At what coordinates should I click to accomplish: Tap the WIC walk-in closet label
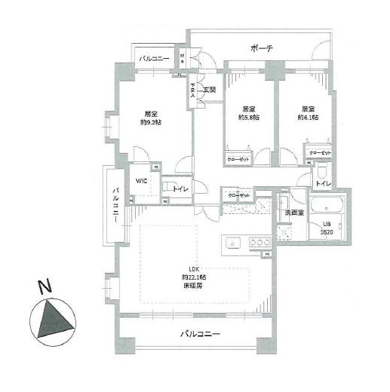(140, 181)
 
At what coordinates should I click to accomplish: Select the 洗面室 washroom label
(293, 213)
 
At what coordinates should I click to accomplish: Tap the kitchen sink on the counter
(232, 243)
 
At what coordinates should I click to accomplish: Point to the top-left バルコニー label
(154, 58)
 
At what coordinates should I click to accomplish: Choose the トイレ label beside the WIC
(180, 188)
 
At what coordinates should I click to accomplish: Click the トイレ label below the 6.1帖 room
(321, 183)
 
